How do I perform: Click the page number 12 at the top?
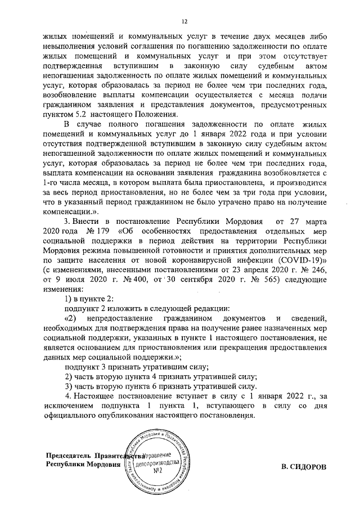184,21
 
